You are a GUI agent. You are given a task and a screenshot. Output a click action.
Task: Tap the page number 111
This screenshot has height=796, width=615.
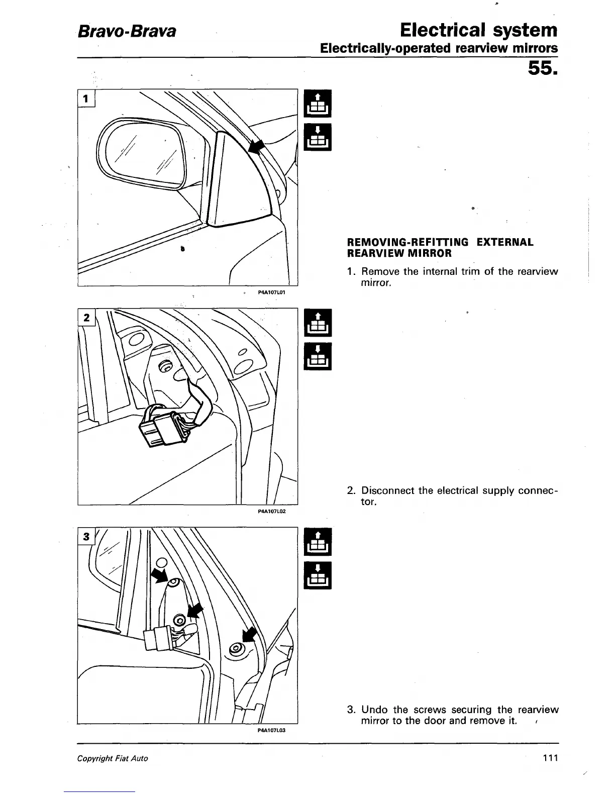(550, 758)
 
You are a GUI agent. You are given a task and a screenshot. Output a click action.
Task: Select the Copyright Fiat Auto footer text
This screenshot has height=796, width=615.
(113, 758)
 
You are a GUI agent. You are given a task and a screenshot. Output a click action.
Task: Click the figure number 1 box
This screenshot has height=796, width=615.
(86, 99)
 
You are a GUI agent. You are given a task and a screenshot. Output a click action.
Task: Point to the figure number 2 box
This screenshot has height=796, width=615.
(86, 317)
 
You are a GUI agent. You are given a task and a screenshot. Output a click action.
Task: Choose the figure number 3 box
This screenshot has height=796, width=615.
(86, 537)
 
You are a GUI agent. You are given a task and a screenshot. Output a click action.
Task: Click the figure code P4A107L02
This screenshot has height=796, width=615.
(271, 511)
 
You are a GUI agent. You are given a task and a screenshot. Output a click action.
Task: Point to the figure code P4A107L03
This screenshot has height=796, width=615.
(271, 730)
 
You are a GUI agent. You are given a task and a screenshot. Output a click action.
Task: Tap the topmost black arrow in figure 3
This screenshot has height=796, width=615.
(160, 575)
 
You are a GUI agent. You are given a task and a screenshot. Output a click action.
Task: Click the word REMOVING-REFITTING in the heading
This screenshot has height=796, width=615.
(407, 242)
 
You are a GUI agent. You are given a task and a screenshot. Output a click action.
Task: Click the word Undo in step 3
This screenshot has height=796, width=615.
(375, 710)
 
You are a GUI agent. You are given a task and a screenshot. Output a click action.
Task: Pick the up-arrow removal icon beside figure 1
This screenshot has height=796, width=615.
(318, 102)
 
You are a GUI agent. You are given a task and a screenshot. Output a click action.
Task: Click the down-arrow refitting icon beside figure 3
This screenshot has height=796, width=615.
(318, 575)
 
